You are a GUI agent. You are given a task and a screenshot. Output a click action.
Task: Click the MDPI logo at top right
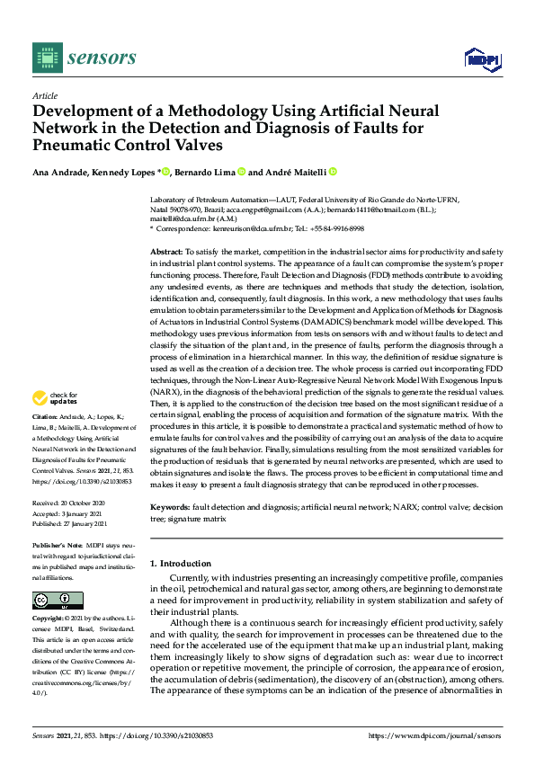[x=481, y=59]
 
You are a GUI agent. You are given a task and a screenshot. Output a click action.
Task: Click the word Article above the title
[x=44, y=95]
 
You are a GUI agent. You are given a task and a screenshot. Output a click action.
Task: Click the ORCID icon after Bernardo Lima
[x=241, y=172]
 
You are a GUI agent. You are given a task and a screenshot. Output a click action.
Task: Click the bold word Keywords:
[x=170, y=508]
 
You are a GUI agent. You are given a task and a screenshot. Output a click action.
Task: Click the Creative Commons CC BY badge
[x=58, y=600]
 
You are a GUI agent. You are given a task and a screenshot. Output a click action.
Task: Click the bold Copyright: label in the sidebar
[x=49, y=620]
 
